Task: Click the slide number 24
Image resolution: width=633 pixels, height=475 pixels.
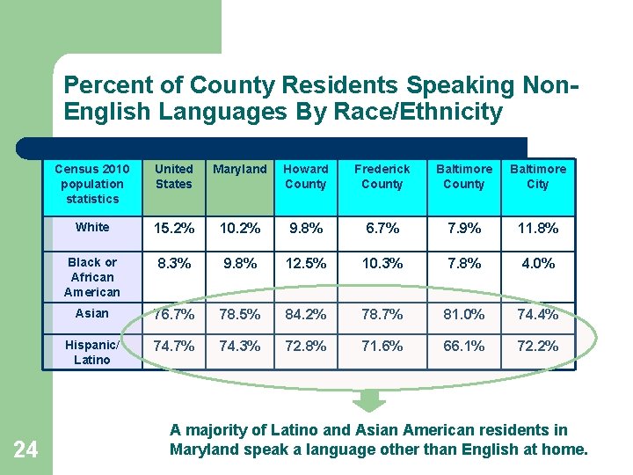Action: click(25, 450)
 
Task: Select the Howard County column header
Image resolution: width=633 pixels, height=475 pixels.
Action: click(305, 176)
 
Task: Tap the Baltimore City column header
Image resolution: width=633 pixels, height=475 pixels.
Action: click(537, 176)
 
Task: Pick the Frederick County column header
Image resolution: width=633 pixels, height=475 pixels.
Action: click(382, 176)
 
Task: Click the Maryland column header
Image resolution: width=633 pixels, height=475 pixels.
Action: click(239, 169)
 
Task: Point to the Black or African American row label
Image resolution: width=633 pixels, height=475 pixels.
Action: click(92, 277)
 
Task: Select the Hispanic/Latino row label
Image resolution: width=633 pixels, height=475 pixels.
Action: click(92, 353)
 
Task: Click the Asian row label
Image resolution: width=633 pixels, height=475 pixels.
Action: click(92, 313)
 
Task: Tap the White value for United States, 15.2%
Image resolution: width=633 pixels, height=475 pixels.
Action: click(174, 229)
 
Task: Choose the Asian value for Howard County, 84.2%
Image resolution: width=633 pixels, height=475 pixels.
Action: click(305, 314)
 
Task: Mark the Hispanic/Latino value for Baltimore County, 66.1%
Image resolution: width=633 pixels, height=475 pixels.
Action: click(463, 347)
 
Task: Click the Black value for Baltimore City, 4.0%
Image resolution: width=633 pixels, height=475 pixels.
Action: click(537, 263)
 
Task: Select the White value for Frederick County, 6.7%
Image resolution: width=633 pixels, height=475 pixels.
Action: click(382, 229)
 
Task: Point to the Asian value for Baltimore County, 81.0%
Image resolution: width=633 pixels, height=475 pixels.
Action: click(463, 314)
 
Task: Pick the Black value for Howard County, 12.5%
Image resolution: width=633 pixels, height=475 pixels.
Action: click(305, 263)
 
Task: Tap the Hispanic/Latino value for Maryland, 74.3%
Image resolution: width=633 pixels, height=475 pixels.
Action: click(239, 347)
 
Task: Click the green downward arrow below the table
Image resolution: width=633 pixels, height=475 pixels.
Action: click(369, 401)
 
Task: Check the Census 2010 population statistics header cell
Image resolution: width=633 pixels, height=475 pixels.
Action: click(92, 184)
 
